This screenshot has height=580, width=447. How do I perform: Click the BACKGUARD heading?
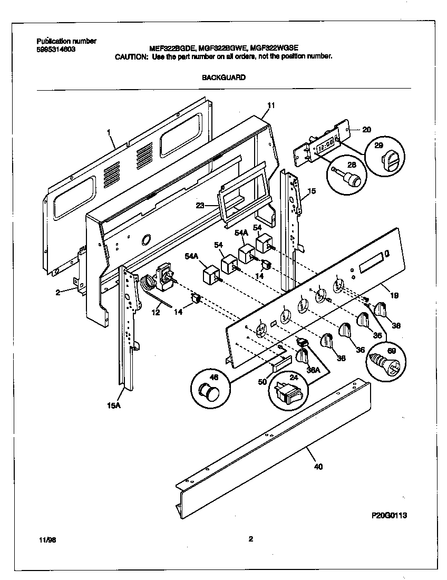point(224,78)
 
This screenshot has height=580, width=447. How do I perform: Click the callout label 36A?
point(314,370)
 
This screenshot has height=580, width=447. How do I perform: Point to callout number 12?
point(156,313)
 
